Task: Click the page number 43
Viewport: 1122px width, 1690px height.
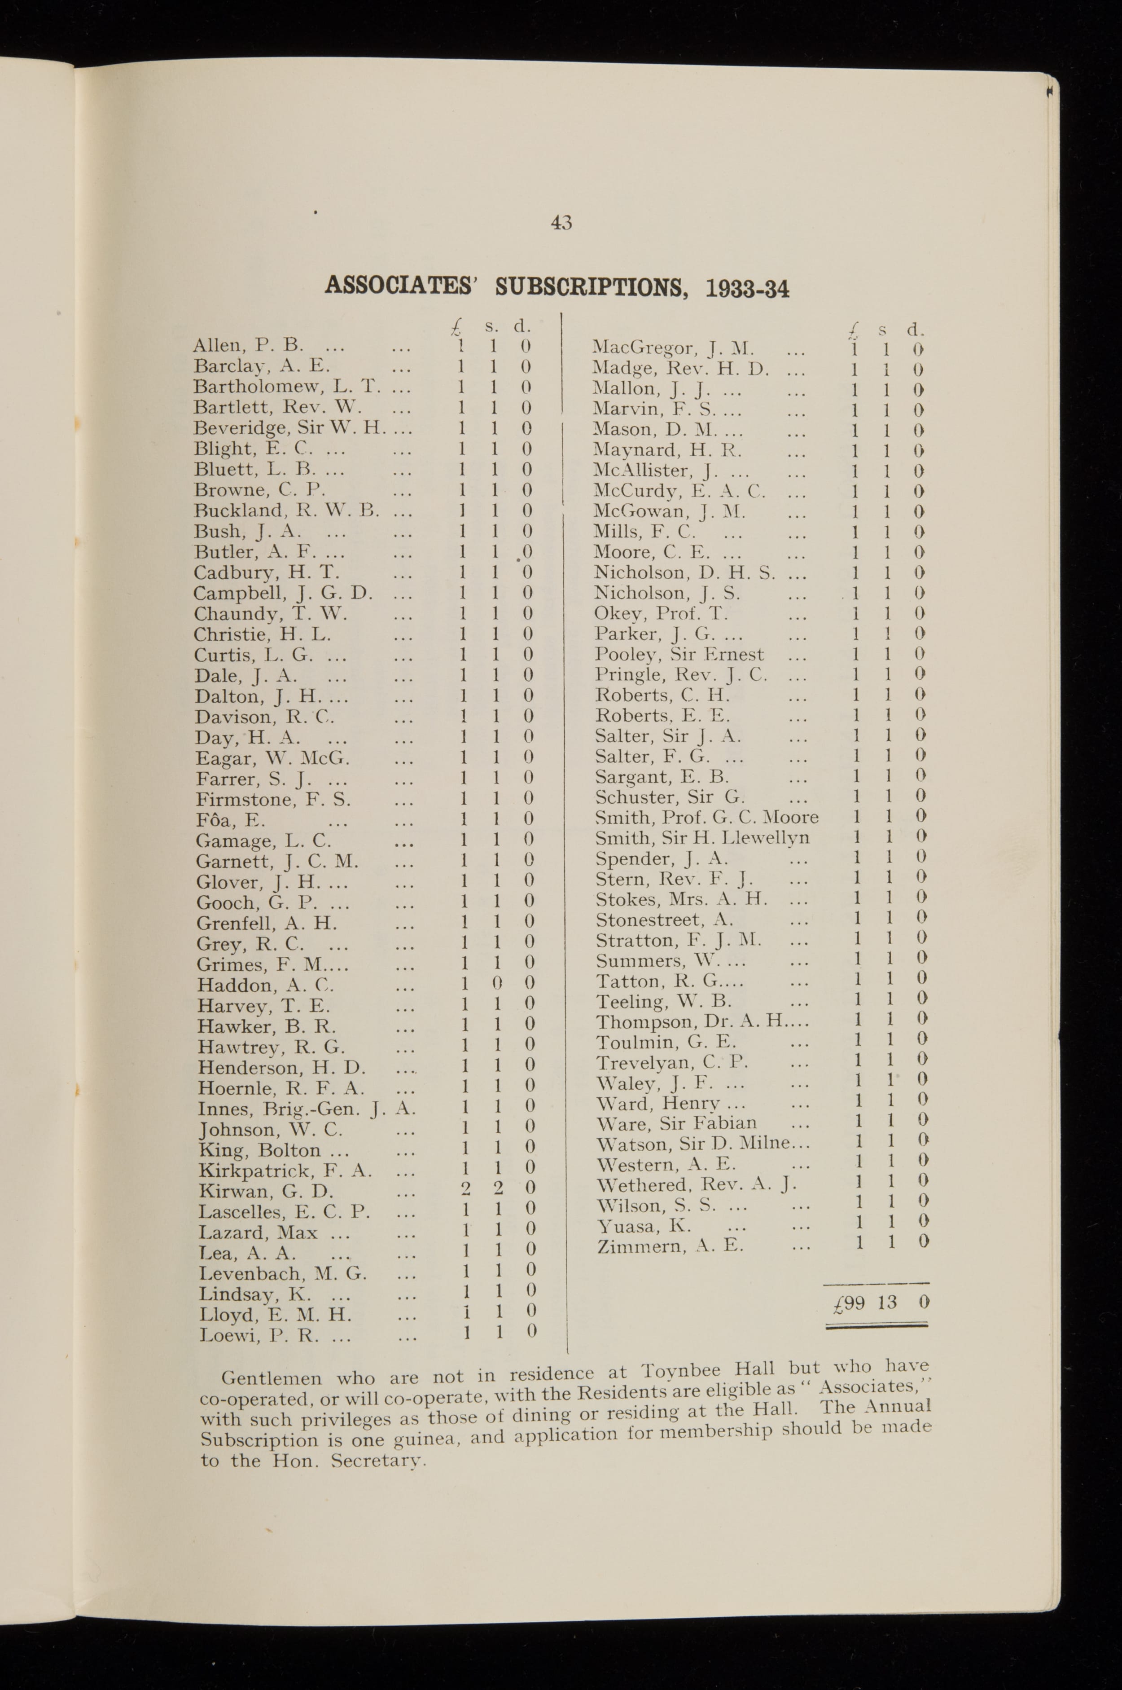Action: [x=561, y=223]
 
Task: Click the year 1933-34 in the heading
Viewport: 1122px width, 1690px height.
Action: [x=747, y=288]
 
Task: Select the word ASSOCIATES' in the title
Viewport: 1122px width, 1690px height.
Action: [x=401, y=286]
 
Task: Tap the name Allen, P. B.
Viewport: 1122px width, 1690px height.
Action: [x=248, y=346]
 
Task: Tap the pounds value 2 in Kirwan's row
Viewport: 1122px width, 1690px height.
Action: [x=465, y=1188]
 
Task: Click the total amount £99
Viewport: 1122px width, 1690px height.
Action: [x=850, y=1303]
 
